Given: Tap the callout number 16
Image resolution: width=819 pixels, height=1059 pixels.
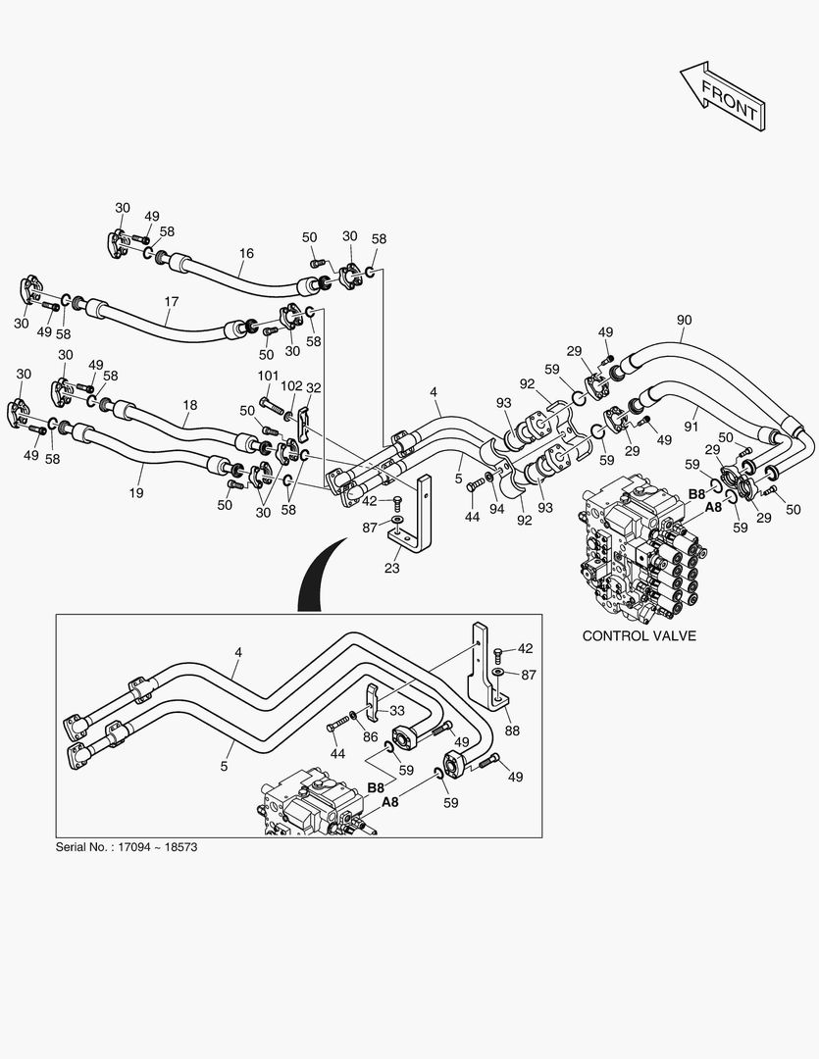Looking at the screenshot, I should [246, 253].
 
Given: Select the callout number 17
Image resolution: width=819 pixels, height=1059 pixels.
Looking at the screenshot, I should [172, 302].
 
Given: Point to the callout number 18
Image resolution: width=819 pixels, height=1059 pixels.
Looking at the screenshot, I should [189, 404].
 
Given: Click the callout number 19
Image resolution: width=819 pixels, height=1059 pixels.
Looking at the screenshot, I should [136, 492].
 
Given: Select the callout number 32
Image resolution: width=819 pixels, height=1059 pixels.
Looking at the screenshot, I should [314, 387].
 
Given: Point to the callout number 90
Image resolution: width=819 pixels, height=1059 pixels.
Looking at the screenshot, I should [684, 320].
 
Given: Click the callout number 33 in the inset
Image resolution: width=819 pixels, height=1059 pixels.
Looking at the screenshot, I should [397, 710].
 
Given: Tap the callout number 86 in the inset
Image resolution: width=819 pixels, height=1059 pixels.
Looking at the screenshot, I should [370, 735].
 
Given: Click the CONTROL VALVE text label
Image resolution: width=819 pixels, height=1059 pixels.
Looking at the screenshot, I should [639, 635].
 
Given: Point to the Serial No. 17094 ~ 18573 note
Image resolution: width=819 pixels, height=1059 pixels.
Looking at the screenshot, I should [128, 846].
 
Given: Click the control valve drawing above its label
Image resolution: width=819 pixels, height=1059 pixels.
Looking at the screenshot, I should [638, 549].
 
